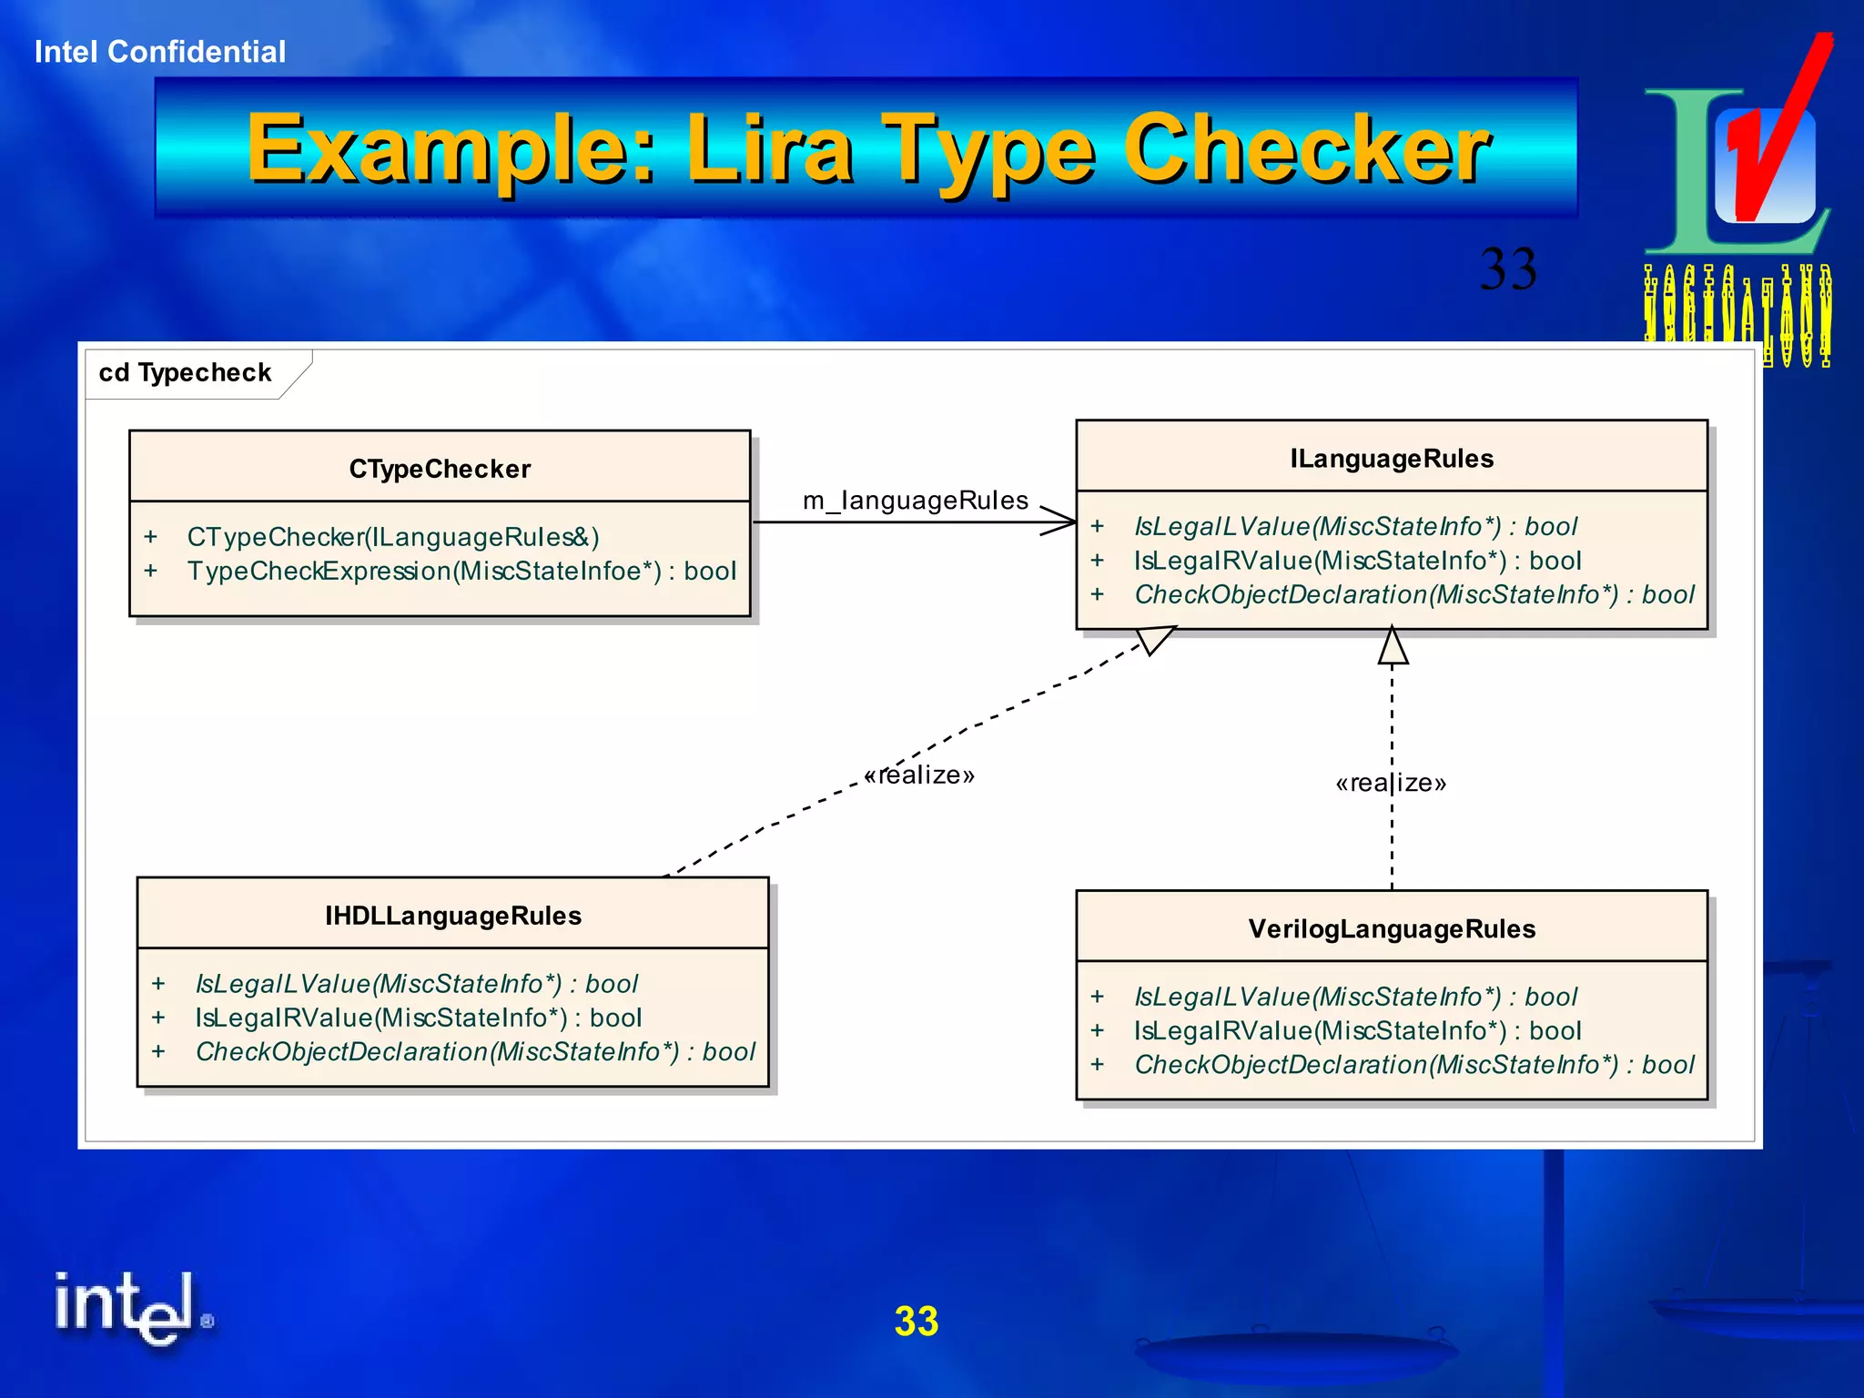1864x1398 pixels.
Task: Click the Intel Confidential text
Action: click(160, 52)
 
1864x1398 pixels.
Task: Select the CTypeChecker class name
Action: click(440, 469)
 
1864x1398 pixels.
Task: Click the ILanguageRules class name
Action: click(1392, 459)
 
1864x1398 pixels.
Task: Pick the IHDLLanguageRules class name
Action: click(453, 916)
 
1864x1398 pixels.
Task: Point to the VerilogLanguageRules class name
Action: click(1392, 929)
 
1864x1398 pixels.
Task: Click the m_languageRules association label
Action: click(915, 501)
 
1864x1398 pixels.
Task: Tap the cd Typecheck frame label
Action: click(186, 373)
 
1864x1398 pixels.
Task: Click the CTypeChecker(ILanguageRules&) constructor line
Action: click(392, 537)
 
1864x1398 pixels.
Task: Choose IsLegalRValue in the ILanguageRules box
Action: click(1357, 561)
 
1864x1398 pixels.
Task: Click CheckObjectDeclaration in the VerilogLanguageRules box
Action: click(1413, 1065)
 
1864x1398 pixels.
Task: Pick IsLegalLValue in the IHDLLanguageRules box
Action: click(416, 984)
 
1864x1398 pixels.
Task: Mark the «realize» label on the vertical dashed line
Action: click(1391, 783)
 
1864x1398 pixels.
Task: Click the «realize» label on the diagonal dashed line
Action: click(919, 775)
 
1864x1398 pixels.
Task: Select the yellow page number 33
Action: click(916, 1322)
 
